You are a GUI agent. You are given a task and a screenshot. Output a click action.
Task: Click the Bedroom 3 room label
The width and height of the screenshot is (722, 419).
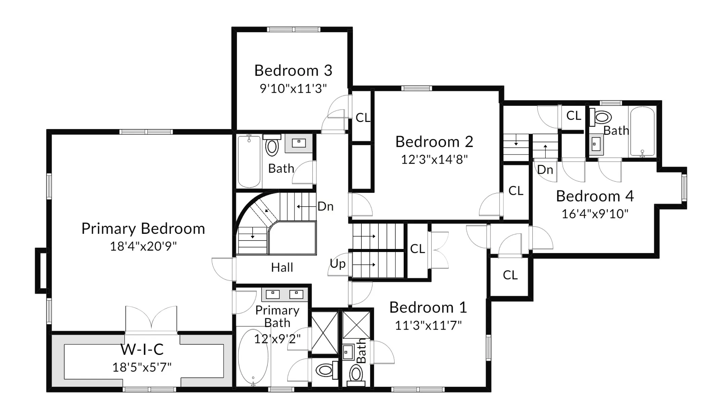(x=293, y=71)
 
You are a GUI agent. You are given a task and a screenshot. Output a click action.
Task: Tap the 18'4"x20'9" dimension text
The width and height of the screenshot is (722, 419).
(x=143, y=246)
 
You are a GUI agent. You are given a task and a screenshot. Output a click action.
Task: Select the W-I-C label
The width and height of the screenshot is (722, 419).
(x=142, y=349)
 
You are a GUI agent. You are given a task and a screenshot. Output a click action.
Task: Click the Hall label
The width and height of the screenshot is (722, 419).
(x=282, y=267)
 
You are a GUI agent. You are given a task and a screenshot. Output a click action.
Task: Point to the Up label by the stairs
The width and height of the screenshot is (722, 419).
(x=337, y=264)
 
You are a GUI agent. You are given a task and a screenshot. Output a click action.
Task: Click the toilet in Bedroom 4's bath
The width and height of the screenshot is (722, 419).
(x=602, y=118)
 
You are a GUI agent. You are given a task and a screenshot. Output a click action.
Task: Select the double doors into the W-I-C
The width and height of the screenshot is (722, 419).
(x=151, y=318)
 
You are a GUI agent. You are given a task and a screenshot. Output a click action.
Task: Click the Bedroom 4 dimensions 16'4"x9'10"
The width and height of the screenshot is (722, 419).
(x=595, y=214)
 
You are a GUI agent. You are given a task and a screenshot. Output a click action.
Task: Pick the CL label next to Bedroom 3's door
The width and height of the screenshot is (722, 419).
(x=363, y=118)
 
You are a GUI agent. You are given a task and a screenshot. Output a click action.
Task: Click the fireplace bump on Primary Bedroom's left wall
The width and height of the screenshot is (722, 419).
(x=41, y=270)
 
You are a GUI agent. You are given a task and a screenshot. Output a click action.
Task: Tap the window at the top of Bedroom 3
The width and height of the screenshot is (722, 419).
(x=293, y=30)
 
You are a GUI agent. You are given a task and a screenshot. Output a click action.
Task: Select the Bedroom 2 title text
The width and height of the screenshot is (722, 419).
(x=434, y=142)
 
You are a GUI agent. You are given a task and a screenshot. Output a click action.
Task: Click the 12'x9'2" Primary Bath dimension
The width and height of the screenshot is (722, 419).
(x=277, y=339)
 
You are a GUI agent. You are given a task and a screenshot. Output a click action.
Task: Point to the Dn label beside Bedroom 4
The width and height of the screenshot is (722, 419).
(x=545, y=170)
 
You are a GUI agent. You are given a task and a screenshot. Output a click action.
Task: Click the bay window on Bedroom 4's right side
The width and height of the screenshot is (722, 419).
(x=684, y=188)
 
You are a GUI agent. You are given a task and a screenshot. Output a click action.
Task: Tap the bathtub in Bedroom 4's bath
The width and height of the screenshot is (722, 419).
(x=642, y=132)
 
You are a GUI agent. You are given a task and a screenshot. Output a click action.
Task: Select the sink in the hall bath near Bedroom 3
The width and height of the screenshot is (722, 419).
(x=298, y=143)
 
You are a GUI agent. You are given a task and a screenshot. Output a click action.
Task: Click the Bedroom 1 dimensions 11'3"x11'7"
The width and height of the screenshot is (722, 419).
(x=428, y=325)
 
